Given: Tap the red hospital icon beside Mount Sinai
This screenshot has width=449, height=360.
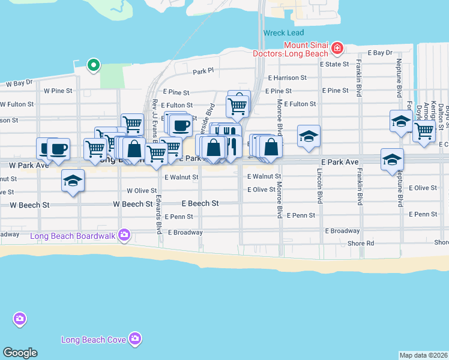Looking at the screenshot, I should tap(337, 47).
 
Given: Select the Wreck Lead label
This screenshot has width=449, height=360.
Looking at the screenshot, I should tap(283, 33).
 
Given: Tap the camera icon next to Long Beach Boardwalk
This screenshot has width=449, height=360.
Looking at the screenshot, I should tap(124, 235).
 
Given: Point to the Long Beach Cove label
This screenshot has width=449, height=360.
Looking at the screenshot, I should tap(94, 340).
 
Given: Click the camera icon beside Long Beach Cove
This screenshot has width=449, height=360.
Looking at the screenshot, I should tap(136, 339).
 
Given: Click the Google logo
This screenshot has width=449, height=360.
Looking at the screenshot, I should tap(20, 353).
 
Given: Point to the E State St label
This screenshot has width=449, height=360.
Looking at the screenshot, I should tap(334, 64).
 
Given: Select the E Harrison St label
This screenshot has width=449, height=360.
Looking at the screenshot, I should tap(287, 78).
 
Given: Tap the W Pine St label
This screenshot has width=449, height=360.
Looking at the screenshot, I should tap(58, 91).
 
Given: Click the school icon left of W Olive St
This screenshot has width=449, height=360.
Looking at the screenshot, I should tap(73, 181).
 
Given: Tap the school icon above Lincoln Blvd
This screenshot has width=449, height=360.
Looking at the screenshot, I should tap(309, 136).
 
